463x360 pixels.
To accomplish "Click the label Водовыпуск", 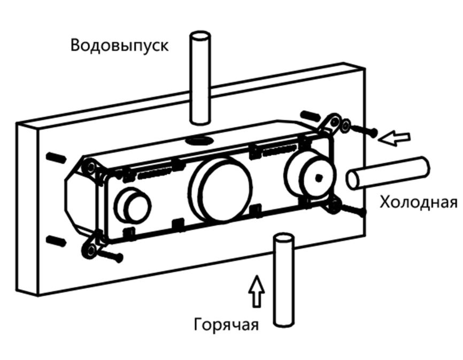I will (119, 45).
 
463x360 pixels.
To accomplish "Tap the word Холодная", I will (418, 203).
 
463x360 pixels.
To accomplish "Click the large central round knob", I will (221, 189).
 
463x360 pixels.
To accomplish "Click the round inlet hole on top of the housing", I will (199, 141).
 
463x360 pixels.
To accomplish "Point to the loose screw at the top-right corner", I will (364, 130).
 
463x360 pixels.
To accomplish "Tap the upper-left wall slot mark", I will (56, 157).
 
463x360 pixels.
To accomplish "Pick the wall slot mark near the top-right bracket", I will (309, 116).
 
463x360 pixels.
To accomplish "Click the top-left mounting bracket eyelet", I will (91, 168).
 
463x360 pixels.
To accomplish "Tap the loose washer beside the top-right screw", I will (345, 126).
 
